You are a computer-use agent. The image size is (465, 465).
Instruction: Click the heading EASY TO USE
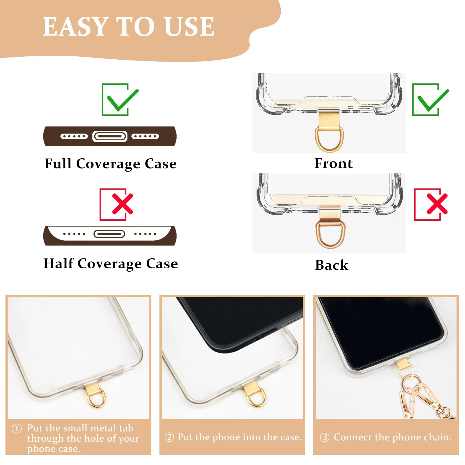coord(129,27)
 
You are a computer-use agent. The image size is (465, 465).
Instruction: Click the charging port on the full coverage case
coord(110,136)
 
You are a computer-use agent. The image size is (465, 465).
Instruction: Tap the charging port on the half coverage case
coord(109,234)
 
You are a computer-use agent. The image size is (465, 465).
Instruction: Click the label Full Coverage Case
coord(111,164)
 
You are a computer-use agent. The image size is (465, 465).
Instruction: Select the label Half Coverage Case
coord(111,264)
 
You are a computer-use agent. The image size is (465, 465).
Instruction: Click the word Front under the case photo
coord(333,163)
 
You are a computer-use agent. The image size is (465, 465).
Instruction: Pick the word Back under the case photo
coord(332,265)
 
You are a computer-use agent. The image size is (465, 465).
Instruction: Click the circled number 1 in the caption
coord(17,428)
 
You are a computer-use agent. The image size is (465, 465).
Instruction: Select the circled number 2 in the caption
coord(169,437)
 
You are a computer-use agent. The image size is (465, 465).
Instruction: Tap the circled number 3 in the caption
coord(324,437)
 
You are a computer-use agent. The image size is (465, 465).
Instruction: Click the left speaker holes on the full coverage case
coord(74,136)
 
